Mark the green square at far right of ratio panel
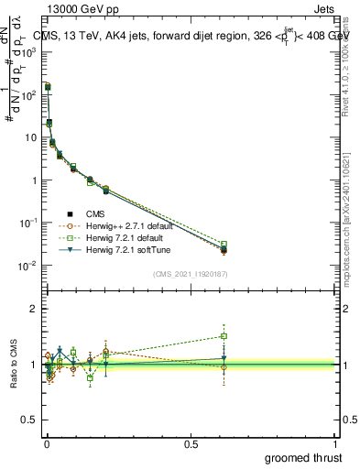coord(224,336)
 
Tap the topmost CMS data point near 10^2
coord(48,87)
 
